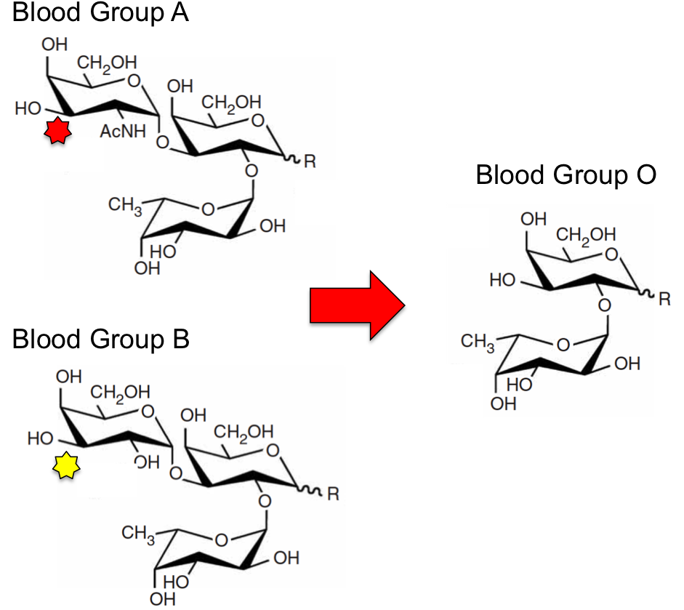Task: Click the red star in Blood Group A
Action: pos(57,130)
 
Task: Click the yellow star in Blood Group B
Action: pos(66,465)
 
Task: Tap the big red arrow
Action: pos(358,305)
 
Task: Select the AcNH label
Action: pos(123,131)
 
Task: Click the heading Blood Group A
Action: pos(100,12)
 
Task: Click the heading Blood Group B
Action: pos(101,339)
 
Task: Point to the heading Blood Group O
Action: pos(566,174)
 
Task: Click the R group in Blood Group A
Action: pos(310,161)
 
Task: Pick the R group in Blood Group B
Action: pos(333,494)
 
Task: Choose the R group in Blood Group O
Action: pos(664,300)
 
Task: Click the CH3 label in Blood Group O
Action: pos(478,342)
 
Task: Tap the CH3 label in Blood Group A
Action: pos(125,206)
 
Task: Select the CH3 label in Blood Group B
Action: pos(138,534)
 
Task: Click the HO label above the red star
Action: pos(28,108)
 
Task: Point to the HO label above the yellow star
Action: pos(41,438)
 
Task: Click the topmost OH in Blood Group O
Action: pos(534,219)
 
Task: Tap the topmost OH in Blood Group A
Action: pos(55,44)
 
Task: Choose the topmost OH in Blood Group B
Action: pos(68,377)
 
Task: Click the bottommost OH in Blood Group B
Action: pos(162,599)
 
